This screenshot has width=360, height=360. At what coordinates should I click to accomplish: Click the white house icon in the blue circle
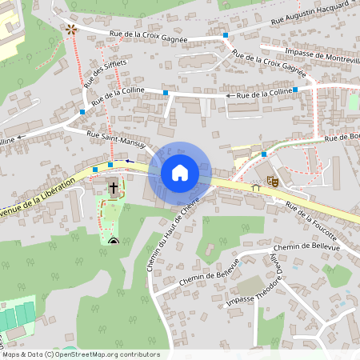coord(180,171)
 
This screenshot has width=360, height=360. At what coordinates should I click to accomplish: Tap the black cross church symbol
coord(114,189)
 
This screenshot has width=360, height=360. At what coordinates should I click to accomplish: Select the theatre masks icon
coord(272,182)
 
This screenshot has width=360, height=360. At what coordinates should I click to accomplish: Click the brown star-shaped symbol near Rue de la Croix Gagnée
coord(71,30)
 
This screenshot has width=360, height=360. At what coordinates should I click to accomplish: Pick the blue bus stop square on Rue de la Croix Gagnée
coord(226,36)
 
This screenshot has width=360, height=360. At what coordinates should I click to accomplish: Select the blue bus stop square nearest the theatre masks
coord(263,154)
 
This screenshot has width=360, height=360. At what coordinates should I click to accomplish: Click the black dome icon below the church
coord(113,240)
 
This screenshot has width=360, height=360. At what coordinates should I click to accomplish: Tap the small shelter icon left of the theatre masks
coord(256,187)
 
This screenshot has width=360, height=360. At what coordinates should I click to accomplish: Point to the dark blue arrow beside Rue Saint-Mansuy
coord(130,161)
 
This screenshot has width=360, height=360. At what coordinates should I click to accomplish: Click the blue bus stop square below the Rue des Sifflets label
coord(82,113)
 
